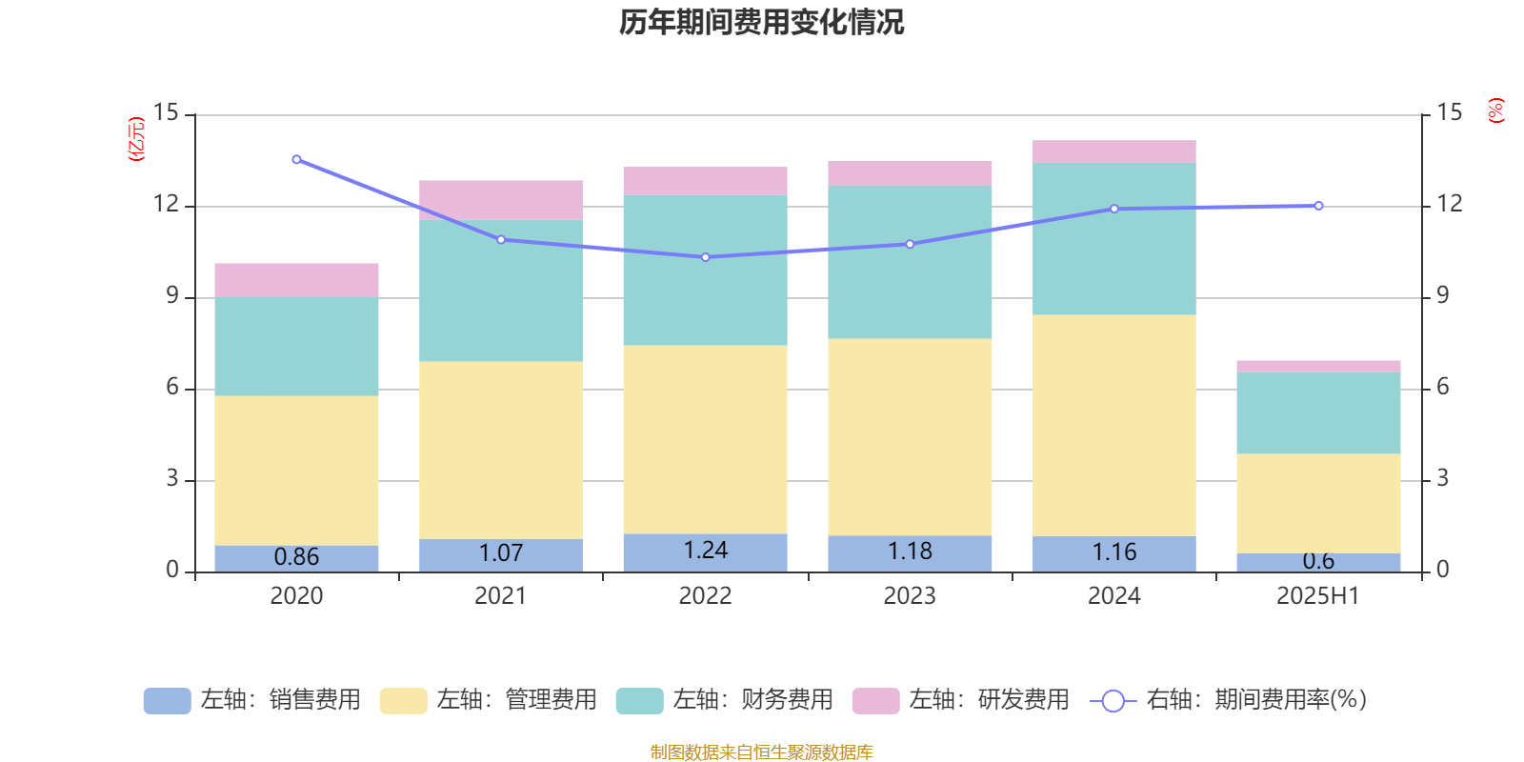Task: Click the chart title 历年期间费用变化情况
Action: tap(761, 23)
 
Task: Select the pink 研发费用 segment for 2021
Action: tap(501, 200)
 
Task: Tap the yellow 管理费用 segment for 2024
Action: tap(1114, 426)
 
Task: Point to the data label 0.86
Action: tap(296, 557)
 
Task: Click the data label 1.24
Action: tap(706, 551)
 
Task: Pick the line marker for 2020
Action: tap(296, 160)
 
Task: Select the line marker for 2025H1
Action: tap(1319, 206)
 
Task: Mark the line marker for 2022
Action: tap(706, 257)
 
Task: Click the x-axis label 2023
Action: tap(910, 596)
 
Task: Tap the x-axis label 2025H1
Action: tap(1318, 596)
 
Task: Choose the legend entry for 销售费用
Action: tap(252, 700)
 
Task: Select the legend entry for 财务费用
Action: tap(725, 700)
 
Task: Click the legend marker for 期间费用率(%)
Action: tap(1113, 701)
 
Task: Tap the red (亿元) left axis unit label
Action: tap(136, 139)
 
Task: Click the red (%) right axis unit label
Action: tap(1496, 110)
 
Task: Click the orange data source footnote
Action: tap(761, 752)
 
